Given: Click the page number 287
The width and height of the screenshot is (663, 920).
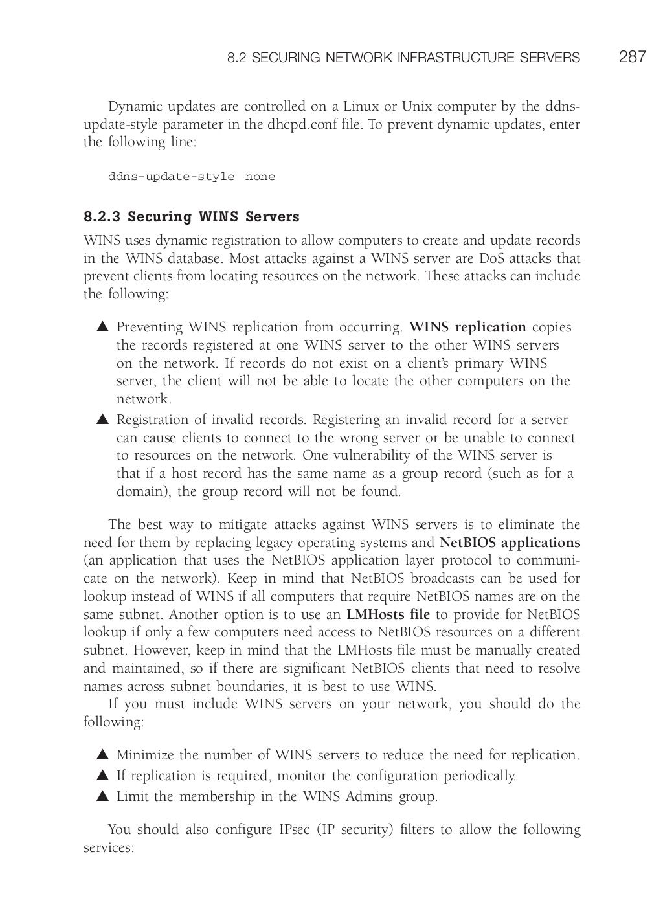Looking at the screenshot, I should click(x=632, y=57).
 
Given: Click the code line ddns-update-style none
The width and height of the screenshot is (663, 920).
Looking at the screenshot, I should click(x=191, y=177).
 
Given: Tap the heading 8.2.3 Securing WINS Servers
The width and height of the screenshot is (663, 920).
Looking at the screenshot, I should click(x=191, y=216).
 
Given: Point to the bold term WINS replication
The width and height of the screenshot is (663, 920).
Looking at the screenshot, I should click(x=468, y=327).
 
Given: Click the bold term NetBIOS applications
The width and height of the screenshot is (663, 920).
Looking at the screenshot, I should click(x=510, y=543).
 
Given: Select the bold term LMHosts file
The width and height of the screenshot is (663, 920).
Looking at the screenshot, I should click(x=388, y=614).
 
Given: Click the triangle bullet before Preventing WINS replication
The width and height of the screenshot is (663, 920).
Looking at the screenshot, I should click(x=102, y=328).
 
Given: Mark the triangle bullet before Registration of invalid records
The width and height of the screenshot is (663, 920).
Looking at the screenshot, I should click(x=102, y=420).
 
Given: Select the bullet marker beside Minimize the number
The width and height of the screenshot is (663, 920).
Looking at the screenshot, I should click(x=102, y=756).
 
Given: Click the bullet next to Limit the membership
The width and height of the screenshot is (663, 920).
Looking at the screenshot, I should click(x=102, y=797).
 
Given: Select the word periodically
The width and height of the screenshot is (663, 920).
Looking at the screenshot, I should click(x=479, y=776).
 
